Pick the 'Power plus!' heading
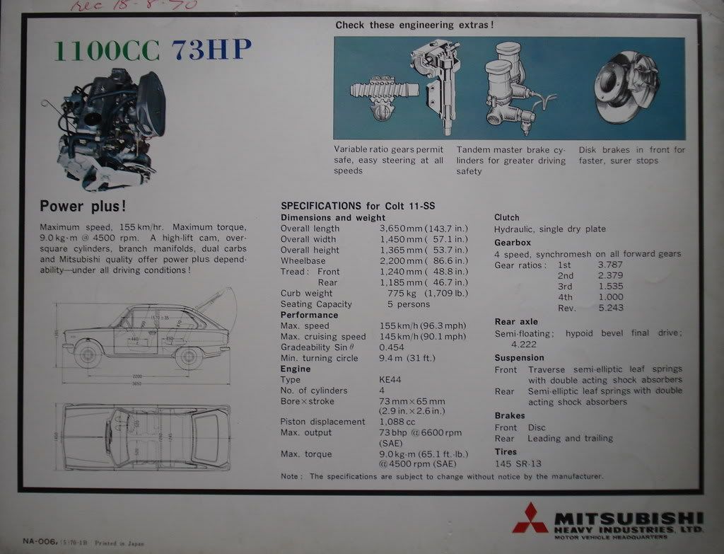click(x=83, y=207)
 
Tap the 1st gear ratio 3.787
click(x=610, y=265)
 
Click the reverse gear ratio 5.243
click(x=610, y=308)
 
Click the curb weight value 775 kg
click(x=396, y=293)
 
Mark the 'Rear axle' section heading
click(x=516, y=322)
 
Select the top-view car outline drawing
click(x=146, y=437)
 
